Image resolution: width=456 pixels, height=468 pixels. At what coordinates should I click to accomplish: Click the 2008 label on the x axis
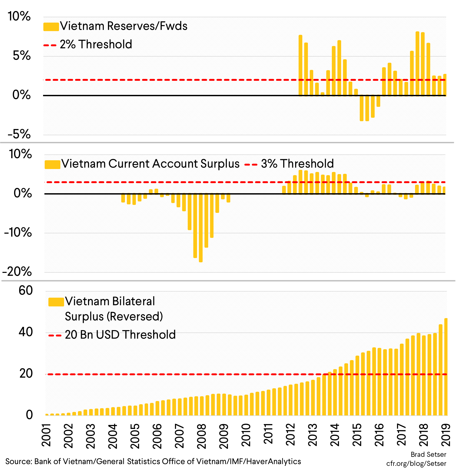click(x=202, y=436)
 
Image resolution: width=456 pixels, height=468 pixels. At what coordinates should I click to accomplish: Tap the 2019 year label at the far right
click(x=446, y=436)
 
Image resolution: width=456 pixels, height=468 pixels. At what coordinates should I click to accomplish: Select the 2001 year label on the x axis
click(x=46, y=436)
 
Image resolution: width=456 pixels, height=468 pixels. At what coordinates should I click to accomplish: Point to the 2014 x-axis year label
click(x=335, y=436)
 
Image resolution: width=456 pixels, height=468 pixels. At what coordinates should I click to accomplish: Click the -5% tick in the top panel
click(x=19, y=134)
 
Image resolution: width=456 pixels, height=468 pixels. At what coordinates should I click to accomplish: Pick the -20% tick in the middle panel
click(x=17, y=272)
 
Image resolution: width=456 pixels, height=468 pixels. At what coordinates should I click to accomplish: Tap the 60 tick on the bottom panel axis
click(x=26, y=291)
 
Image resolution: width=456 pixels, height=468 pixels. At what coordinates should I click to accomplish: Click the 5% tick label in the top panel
click(x=22, y=56)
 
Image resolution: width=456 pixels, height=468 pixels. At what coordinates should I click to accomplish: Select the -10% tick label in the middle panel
click(x=18, y=233)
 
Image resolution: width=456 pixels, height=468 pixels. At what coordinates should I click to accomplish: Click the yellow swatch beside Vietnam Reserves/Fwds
click(x=51, y=27)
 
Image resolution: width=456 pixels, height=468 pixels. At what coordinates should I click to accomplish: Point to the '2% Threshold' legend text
click(x=96, y=44)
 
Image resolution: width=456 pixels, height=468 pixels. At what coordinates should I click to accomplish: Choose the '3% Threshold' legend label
click(x=297, y=164)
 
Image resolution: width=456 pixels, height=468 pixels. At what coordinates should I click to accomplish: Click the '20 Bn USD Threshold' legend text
click(x=120, y=335)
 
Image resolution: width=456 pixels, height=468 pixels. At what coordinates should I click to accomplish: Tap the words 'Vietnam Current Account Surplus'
click(x=150, y=164)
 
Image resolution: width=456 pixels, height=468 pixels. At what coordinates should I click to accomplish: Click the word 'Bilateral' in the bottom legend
click(x=133, y=302)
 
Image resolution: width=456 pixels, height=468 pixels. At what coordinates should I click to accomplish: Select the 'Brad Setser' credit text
click(x=428, y=454)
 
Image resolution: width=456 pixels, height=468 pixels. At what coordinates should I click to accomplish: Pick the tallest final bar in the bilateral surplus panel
click(x=446, y=367)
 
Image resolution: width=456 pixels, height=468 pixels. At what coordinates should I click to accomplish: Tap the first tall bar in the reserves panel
click(x=300, y=65)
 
